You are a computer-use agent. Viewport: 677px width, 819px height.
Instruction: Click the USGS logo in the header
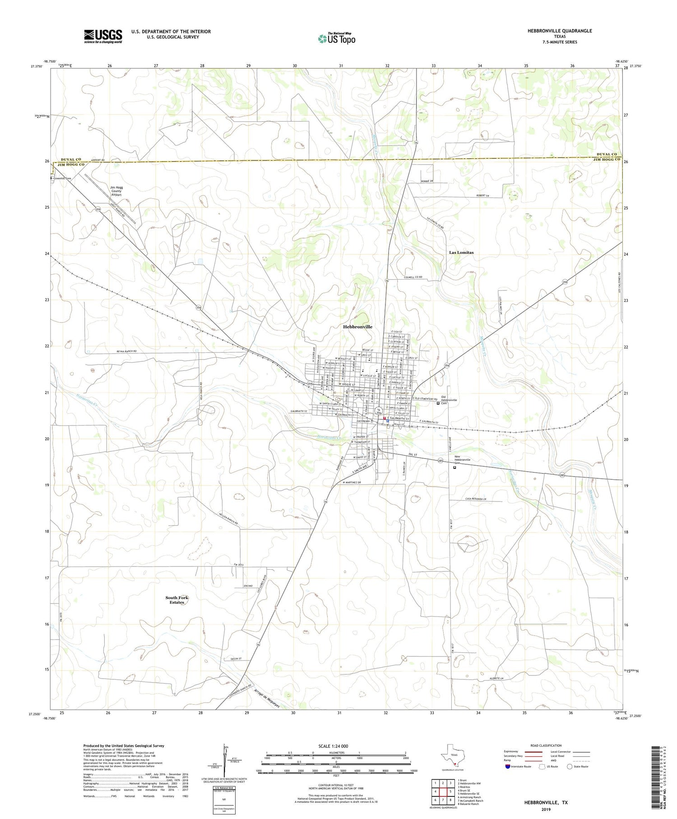[x=103, y=36]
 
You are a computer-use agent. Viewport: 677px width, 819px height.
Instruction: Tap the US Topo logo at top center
[x=336, y=39]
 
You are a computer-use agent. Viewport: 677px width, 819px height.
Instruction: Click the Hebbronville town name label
[x=357, y=327]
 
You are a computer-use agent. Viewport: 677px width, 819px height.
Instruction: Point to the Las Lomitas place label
[x=461, y=253]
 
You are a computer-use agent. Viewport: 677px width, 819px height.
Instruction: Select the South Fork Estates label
[x=177, y=600]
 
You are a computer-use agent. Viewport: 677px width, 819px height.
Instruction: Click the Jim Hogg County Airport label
[x=116, y=191]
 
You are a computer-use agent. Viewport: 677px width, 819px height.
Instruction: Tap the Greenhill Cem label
[x=62, y=178]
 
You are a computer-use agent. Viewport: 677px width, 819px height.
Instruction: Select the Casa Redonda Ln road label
[x=478, y=499]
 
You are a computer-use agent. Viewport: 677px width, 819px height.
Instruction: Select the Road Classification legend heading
[x=546, y=746]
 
